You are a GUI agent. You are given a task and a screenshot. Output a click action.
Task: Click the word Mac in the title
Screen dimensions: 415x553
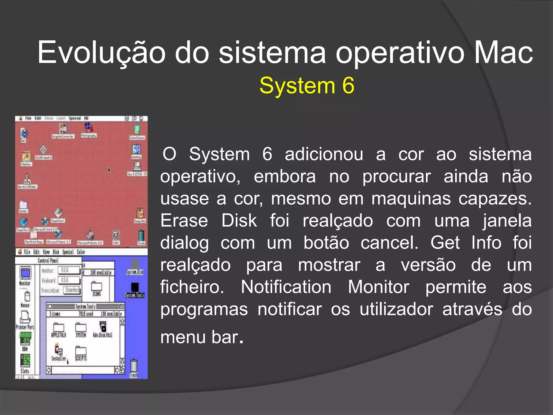(503, 53)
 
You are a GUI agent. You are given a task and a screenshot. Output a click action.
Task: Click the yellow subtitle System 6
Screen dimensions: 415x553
(307, 86)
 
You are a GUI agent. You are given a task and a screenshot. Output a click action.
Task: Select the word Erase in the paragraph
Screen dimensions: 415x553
(184, 221)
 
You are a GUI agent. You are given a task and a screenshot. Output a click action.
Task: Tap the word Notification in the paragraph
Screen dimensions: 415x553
(286, 287)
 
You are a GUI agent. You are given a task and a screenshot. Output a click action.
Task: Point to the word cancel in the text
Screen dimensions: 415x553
(389, 243)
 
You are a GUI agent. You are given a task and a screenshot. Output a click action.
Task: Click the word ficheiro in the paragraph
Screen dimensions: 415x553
(192, 287)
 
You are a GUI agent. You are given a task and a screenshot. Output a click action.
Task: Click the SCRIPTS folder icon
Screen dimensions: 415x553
(80, 351)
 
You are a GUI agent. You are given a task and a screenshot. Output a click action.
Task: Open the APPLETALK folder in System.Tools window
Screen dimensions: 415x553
(59, 328)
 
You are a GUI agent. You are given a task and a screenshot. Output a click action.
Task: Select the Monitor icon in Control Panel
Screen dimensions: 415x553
(25, 273)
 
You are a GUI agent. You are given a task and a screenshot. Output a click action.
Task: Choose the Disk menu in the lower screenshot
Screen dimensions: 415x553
(56, 252)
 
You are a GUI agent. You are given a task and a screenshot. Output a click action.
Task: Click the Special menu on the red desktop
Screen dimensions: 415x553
(75, 118)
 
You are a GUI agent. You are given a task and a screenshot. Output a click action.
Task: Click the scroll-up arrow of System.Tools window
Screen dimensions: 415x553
(122, 321)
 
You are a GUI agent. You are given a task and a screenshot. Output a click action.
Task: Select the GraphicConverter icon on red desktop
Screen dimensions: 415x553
(63, 129)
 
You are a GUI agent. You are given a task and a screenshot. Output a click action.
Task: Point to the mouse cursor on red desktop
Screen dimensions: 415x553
(109, 170)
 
